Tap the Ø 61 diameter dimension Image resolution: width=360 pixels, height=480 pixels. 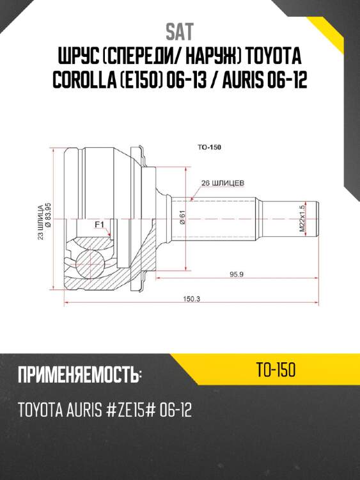182,218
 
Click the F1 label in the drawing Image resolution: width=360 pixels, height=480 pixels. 99,225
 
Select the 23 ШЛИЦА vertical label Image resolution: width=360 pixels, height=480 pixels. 40,221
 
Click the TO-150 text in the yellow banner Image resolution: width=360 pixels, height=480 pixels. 274,371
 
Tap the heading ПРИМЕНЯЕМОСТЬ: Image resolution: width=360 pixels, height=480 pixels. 79,376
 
